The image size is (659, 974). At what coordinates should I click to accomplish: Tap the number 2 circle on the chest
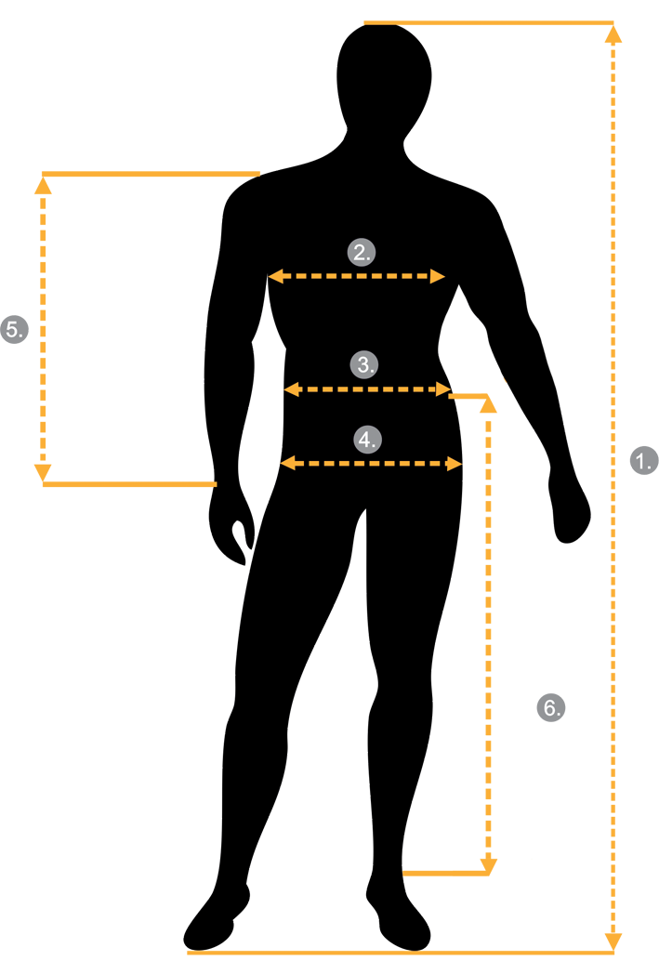[x=362, y=252]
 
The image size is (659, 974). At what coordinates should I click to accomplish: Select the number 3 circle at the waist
[x=364, y=364]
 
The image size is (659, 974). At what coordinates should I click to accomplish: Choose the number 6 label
[x=552, y=708]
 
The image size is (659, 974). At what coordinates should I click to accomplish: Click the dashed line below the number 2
[x=357, y=276]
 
